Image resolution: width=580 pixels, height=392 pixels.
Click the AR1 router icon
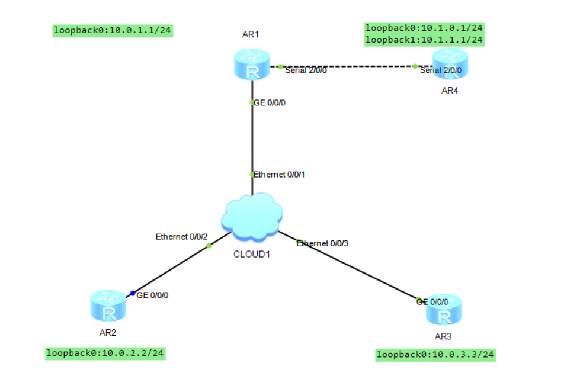click(x=251, y=65)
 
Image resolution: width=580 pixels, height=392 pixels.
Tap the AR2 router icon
click(x=108, y=306)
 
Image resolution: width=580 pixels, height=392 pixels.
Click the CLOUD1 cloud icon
click(x=251, y=216)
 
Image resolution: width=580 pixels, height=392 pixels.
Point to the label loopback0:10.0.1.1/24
click(x=112, y=30)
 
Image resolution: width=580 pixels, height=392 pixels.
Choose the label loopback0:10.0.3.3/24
click(x=435, y=355)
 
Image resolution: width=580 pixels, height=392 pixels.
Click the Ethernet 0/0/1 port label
click(x=279, y=175)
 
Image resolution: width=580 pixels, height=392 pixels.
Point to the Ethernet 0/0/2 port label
click(x=181, y=236)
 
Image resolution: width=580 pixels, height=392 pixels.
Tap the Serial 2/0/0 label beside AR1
click(x=306, y=70)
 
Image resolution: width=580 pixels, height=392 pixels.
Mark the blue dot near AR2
click(x=133, y=293)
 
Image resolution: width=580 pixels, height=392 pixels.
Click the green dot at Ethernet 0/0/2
click(x=209, y=245)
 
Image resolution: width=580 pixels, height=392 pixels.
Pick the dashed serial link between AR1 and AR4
click(x=350, y=66)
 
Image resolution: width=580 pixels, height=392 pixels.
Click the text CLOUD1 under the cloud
click(x=251, y=255)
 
